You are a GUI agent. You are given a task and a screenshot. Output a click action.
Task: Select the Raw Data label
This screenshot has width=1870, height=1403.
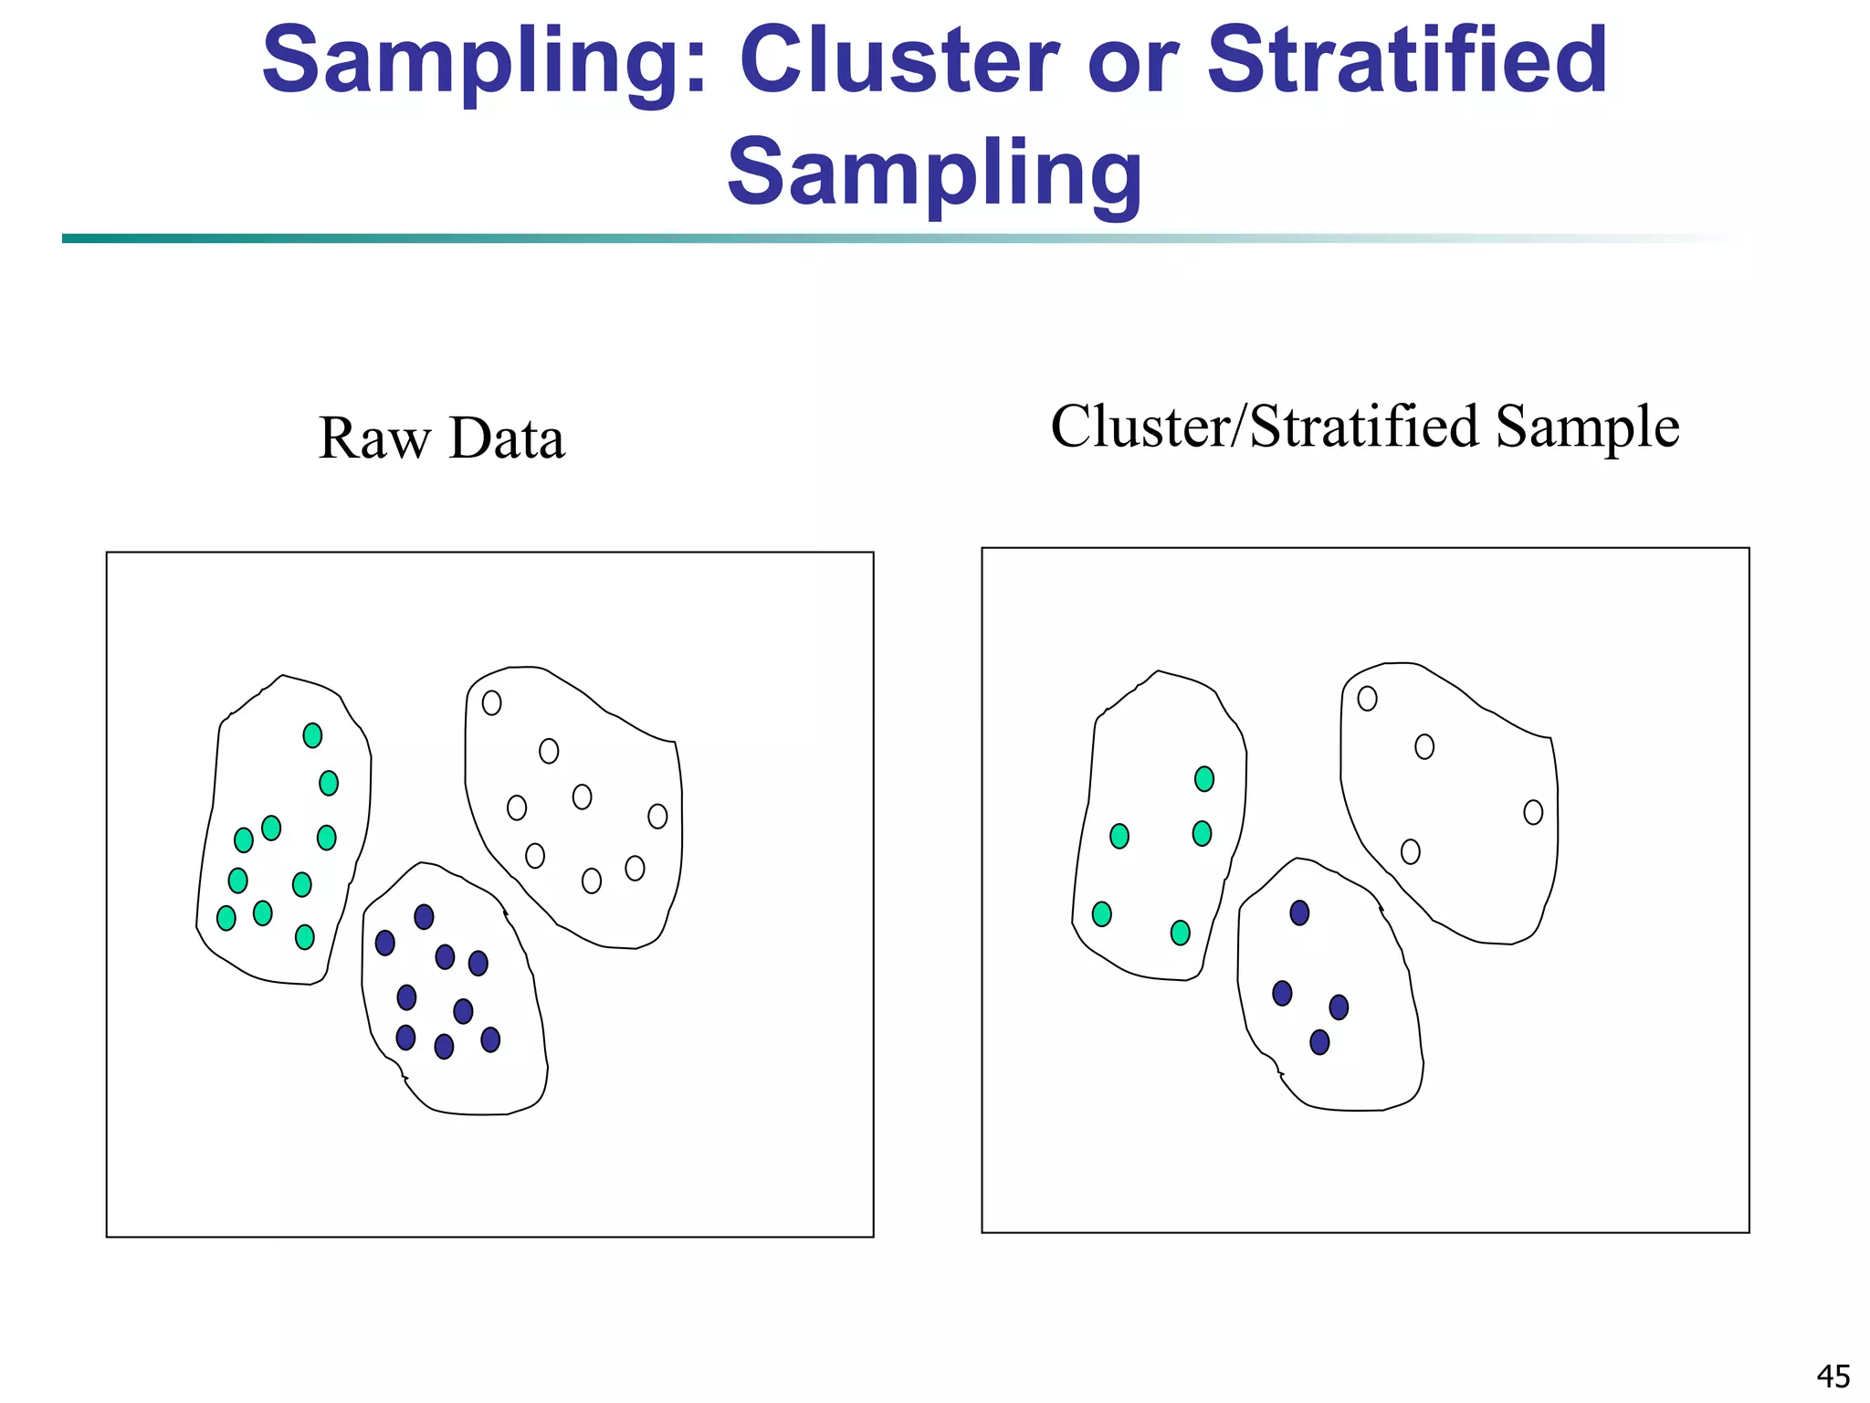[x=442, y=438]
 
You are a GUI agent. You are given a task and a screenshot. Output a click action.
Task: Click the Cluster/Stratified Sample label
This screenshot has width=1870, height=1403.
[x=1364, y=427]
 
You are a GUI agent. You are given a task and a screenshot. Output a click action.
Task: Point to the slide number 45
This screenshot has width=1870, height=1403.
[x=1833, y=1376]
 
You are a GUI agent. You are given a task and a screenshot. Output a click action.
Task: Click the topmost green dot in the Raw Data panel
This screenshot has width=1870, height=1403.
[x=312, y=735]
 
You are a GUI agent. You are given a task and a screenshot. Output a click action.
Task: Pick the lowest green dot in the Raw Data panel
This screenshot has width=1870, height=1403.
[x=305, y=937]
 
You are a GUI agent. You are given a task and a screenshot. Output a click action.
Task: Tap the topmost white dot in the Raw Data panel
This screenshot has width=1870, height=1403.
[x=491, y=702]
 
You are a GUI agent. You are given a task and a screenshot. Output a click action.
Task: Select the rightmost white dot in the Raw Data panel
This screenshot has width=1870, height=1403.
[x=657, y=816]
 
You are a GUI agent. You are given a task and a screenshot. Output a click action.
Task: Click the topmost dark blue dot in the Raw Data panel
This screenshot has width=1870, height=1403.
[x=424, y=917]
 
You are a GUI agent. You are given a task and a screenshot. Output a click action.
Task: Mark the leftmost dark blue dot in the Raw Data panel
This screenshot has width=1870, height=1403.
[x=385, y=943]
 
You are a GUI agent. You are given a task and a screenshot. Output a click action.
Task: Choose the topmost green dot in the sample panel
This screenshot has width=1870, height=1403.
[x=1204, y=779]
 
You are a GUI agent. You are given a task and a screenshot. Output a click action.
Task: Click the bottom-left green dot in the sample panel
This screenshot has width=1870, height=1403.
[x=1102, y=914]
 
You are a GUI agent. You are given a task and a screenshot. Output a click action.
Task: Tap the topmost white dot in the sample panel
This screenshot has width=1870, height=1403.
[x=1367, y=699]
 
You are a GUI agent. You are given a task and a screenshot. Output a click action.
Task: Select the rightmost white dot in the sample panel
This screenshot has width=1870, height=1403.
[x=1533, y=812]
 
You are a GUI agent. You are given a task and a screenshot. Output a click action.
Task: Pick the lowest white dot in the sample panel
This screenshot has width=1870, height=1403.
[x=1411, y=852]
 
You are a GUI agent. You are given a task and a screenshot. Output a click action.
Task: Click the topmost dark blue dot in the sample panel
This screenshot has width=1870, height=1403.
[x=1299, y=912]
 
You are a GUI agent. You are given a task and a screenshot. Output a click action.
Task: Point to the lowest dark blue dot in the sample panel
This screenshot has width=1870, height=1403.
[x=1319, y=1042]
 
